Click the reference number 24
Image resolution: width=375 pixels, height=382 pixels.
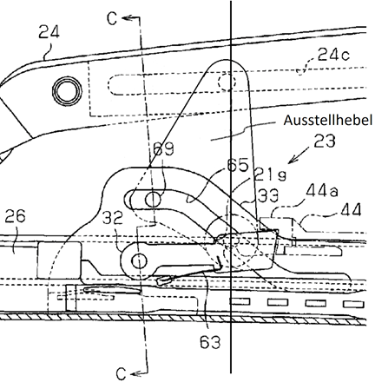(x=49, y=32)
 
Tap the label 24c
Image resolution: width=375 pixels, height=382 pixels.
(x=333, y=54)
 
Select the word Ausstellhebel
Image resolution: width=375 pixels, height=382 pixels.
(x=327, y=121)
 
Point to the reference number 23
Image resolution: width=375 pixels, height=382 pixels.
(x=325, y=141)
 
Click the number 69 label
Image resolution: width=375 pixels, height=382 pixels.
(x=163, y=148)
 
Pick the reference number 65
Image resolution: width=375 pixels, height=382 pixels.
(x=238, y=165)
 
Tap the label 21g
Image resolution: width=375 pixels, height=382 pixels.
(x=270, y=175)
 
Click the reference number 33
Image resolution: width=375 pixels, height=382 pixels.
(x=268, y=196)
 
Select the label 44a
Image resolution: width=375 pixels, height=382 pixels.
(x=322, y=191)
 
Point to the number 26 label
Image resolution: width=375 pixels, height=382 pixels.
(x=15, y=216)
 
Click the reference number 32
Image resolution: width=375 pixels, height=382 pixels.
(x=113, y=219)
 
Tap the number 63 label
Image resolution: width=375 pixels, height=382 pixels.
(x=210, y=342)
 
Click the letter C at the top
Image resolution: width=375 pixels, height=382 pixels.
(x=112, y=19)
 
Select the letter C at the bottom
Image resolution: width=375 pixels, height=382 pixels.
(x=121, y=373)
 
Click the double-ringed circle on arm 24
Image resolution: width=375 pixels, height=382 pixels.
(x=67, y=91)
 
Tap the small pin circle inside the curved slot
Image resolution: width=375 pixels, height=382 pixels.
(x=153, y=200)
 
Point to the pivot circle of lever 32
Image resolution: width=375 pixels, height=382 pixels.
(x=139, y=261)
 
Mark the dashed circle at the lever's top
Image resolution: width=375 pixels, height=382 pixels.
(x=227, y=82)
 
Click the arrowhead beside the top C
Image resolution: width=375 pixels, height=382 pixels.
(x=126, y=18)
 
